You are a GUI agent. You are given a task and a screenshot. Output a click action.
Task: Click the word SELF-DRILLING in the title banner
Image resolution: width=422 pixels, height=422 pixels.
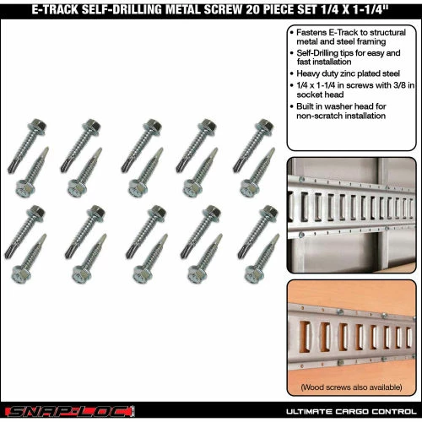122,9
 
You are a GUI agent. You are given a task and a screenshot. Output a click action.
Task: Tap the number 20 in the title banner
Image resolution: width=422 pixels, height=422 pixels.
252,9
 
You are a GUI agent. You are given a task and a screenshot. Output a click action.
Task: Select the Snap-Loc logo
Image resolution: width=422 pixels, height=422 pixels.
70,412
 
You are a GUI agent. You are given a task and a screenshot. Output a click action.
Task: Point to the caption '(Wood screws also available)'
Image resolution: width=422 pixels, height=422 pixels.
351,387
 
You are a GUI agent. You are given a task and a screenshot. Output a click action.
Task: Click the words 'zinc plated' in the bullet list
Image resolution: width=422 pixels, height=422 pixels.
360,73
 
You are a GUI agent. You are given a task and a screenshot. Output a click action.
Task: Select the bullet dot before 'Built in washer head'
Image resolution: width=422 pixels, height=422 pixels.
292,106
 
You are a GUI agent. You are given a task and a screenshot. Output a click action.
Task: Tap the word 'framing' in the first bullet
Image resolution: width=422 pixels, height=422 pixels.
371,42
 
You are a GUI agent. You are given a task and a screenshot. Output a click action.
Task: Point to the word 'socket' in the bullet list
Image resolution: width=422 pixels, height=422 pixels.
309,95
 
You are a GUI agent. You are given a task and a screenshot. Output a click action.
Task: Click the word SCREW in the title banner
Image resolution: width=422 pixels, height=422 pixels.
223,9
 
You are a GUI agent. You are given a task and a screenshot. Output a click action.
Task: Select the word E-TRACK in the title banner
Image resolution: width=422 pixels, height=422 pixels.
55,9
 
